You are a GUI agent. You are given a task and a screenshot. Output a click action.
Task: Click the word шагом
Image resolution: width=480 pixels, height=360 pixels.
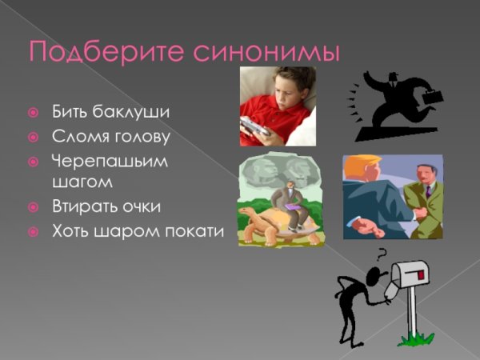click(x=82, y=182)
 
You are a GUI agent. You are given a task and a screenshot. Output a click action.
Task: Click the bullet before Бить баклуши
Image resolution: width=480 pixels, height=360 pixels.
click(x=33, y=112)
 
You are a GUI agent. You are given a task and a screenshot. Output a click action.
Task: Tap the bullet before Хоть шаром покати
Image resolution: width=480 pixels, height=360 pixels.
click(x=33, y=232)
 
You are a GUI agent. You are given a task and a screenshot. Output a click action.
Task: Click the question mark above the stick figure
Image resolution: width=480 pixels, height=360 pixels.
click(x=382, y=256)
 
